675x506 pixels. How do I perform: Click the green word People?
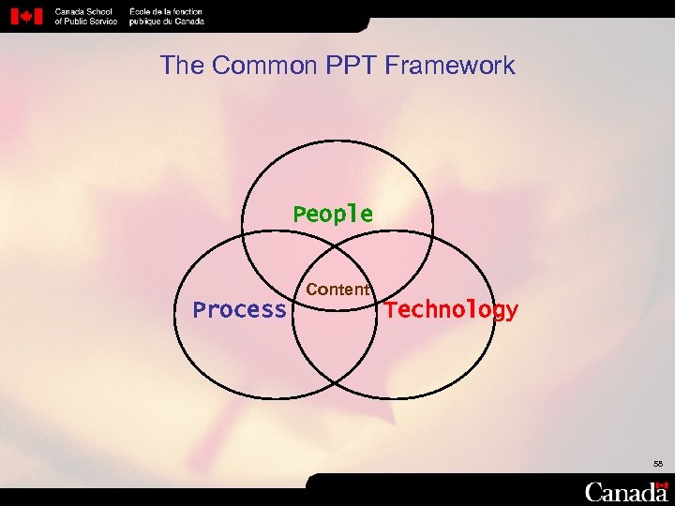[333, 215]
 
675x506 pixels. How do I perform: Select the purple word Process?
[239, 310]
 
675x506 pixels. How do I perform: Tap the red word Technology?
[452, 310]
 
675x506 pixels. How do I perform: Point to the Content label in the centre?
[337, 290]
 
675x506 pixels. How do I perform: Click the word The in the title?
[182, 66]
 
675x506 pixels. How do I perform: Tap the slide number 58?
[659, 463]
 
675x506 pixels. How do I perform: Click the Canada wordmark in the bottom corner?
[626, 491]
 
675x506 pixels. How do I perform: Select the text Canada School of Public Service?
[86, 16]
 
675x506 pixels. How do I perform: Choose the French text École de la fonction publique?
[167, 16]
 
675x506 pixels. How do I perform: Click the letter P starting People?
[300, 215]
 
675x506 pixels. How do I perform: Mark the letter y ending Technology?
[511, 311]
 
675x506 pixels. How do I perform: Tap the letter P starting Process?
[199, 310]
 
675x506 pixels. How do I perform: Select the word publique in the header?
[145, 21]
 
